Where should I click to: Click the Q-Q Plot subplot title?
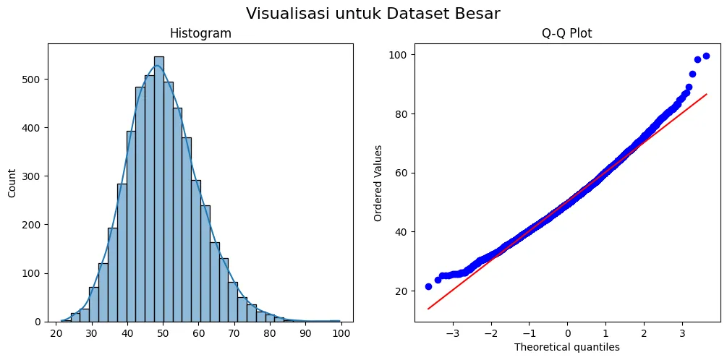point(566,34)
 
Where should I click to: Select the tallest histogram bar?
point(159,188)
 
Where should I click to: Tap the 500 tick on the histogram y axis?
point(33,80)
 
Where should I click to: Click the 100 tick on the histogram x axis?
point(341,333)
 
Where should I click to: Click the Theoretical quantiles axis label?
point(566,347)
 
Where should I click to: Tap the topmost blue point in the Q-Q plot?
point(706,56)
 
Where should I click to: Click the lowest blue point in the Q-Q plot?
point(428,286)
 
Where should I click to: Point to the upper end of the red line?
point(706,94)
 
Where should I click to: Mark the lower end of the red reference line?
point(428,309)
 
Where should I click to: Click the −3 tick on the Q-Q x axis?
point(452,333)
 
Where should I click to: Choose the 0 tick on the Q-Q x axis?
point(567,333)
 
